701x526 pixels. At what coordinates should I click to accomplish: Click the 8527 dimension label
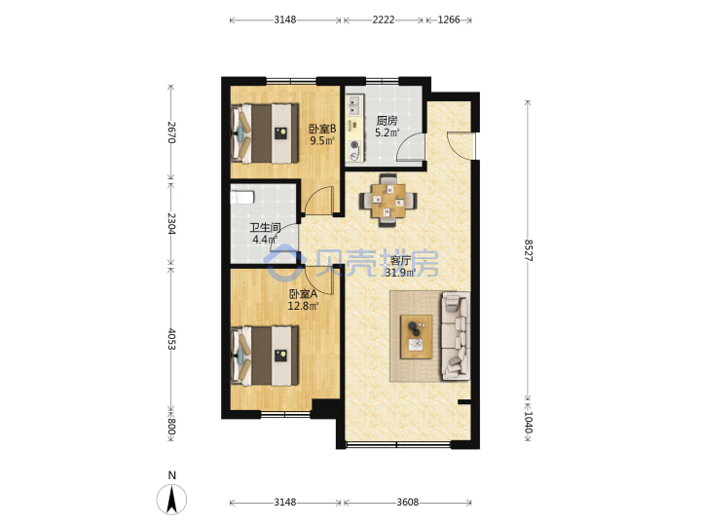pos(528,250)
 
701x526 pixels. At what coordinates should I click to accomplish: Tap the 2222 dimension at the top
pos(384,19)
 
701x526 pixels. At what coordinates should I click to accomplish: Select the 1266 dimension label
pos(449,19)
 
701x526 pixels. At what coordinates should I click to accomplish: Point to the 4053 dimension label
pos(171,339)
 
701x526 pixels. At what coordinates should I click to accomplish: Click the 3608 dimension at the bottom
pos(408,503)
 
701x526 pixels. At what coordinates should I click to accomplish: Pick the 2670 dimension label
pos(171,131)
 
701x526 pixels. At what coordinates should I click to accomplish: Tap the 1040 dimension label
pos(528,422)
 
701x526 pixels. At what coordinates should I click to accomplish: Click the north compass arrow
pos(171,499)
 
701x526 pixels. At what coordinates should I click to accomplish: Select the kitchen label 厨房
pos(387,121)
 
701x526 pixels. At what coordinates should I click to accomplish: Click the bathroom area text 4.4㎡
pos(265,240)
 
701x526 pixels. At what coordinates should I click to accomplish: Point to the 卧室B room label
pos(322,130)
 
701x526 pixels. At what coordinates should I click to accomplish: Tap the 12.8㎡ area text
pos(303,306)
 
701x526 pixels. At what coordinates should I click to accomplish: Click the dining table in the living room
pos(388,200)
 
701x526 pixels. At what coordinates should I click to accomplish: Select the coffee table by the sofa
pos(417,337)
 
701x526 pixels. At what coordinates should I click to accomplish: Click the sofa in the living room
pos(456,336)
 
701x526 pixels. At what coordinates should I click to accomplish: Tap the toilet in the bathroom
pos(241,197)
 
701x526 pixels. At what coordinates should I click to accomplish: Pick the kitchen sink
pos(354,105)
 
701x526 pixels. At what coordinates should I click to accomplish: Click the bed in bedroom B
pos(265,133)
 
